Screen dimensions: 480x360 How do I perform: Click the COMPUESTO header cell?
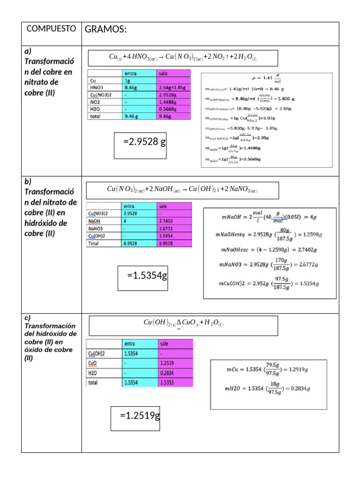point(51,29)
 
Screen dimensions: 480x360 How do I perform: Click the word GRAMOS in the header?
point(105,30)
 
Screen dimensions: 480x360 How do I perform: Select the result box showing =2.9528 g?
point(141,141)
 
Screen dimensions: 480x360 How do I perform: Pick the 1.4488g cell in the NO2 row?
point(174,101)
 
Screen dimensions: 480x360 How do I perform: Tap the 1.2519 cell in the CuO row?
point(175,363)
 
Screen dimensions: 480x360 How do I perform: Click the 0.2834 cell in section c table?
point(175,373)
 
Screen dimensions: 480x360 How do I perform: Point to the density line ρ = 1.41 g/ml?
point(266,78)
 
